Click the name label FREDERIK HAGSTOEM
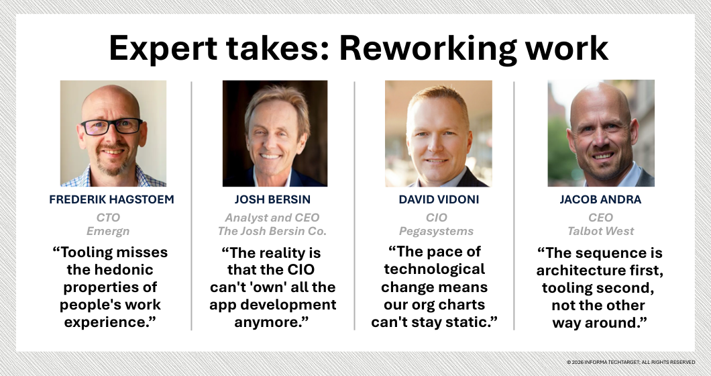point(112,199)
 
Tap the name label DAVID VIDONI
point(438,199)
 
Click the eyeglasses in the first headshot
point(112,126)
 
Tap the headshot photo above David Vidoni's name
point(438,133)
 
